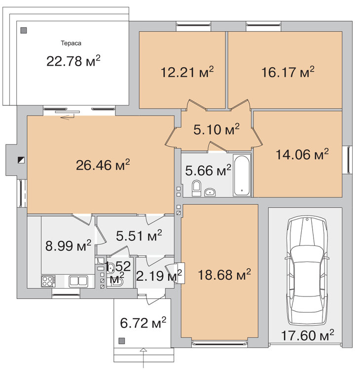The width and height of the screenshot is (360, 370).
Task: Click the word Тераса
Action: [71, 43]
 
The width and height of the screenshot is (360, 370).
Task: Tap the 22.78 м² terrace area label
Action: [73, 61]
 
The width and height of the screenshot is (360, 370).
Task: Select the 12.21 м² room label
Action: [187, 72]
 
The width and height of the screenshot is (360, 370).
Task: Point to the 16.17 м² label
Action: [288, 72]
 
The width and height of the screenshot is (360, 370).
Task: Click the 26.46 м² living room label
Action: [103, 165]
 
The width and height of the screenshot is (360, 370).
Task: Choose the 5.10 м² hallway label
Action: [216, 129]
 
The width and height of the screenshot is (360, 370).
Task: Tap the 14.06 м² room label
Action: [302, 154]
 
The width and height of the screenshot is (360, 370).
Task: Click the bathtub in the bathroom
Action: [242, 175]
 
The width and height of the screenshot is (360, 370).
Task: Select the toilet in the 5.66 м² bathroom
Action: [196, 188]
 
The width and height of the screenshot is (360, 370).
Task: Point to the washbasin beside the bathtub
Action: [210, 192]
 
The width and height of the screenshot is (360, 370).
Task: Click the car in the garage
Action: [307, 271]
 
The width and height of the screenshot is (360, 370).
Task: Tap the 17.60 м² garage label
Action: [308, 335]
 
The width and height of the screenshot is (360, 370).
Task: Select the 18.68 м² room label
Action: [224, 275]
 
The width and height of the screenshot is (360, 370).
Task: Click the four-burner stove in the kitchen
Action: [48, 281]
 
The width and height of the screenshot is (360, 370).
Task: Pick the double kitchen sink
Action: [78, 281]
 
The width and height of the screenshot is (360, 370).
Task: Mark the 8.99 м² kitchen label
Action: [68, 246]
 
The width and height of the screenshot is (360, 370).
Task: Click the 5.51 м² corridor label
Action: [139, 235]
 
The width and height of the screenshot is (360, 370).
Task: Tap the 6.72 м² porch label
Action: [143, 323]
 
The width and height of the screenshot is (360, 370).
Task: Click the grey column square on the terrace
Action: [24, 31]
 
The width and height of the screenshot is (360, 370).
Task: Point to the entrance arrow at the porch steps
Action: [143, 359]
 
